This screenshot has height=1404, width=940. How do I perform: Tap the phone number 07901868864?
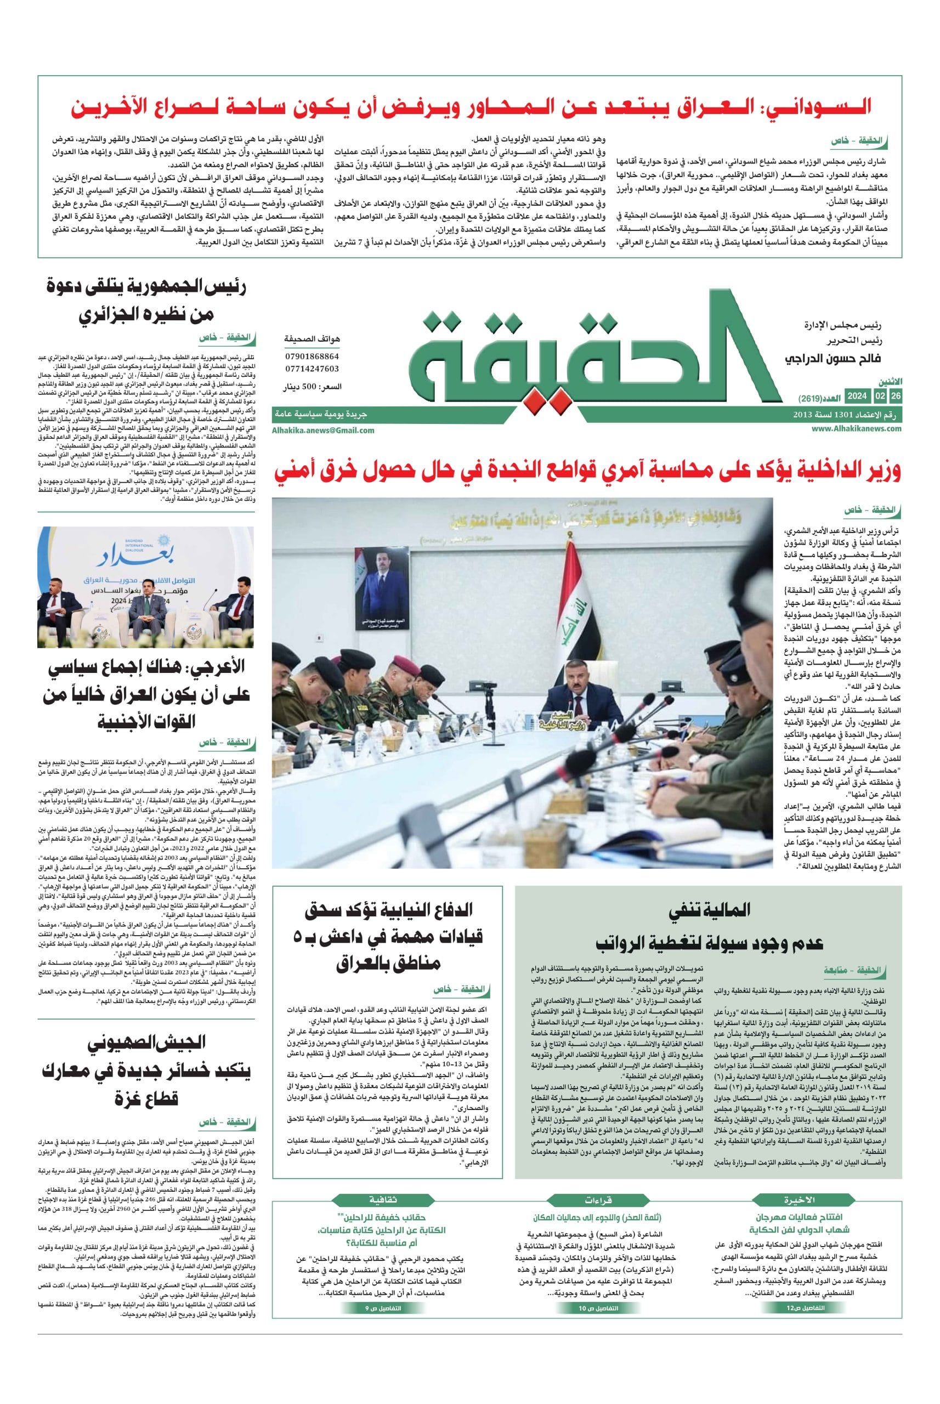pos(312,356)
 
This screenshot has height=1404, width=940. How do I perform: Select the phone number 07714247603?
pos(312,369)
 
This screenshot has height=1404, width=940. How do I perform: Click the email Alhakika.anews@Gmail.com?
pos(322,430)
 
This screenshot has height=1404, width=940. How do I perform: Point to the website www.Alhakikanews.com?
pos(857,429)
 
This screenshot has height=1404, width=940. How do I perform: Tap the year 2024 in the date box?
pos(857,397)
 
